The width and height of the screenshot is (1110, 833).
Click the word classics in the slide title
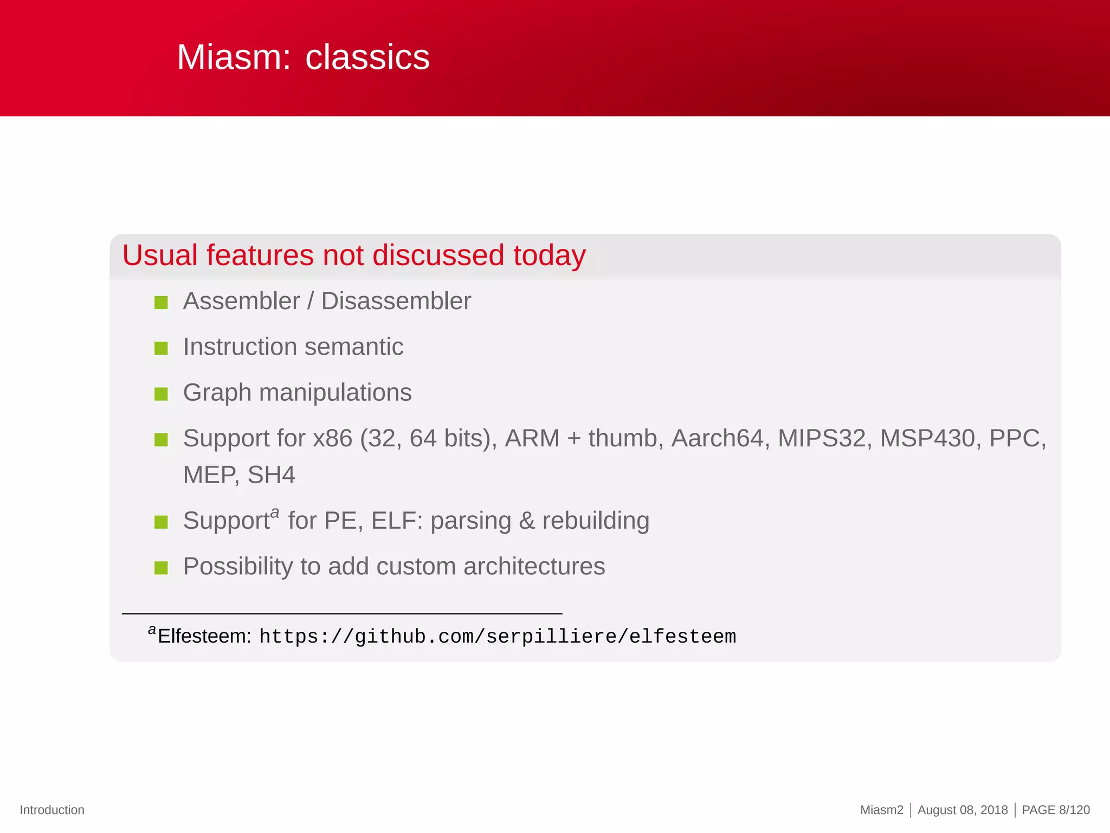367,57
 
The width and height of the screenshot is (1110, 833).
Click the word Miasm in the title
233,57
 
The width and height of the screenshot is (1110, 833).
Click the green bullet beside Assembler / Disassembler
161,303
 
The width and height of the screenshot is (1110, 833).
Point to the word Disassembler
396,302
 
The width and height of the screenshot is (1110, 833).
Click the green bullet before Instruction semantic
161,348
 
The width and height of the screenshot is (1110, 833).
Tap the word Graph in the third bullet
217,393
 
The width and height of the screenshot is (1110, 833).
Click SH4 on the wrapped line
271,475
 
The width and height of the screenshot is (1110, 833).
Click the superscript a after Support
275,512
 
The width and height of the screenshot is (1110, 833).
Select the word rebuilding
595,521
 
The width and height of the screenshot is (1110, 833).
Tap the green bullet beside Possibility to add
161,568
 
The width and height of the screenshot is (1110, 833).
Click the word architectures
534,567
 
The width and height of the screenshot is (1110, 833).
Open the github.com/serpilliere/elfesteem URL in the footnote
497,637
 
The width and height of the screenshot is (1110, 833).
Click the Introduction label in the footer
52,810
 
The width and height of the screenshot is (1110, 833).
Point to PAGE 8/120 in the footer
1055,810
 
